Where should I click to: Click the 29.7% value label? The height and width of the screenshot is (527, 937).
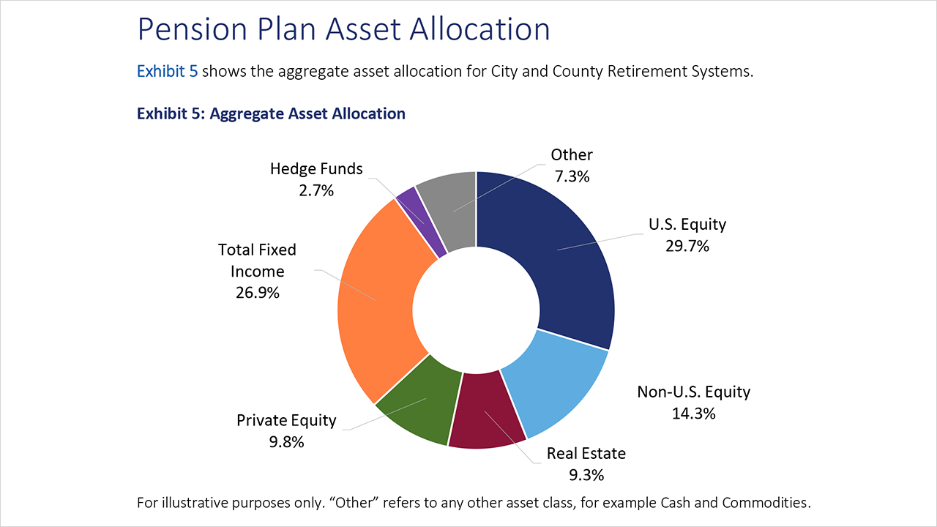(x=687, y=246)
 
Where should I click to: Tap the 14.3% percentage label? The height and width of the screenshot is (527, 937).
(x=693, y=413)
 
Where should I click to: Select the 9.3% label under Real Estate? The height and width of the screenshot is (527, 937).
(x=586, y=475)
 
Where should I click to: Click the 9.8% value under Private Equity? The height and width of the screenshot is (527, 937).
(x=285, y=442)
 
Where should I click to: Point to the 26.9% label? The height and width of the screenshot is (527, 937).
(x=257, y=293)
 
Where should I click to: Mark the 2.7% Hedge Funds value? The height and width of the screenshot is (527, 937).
(x=316, y=190)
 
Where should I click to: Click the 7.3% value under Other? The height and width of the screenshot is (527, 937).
(x=571, y=176)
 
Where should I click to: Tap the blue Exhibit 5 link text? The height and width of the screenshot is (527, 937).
(x=167, y=72)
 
